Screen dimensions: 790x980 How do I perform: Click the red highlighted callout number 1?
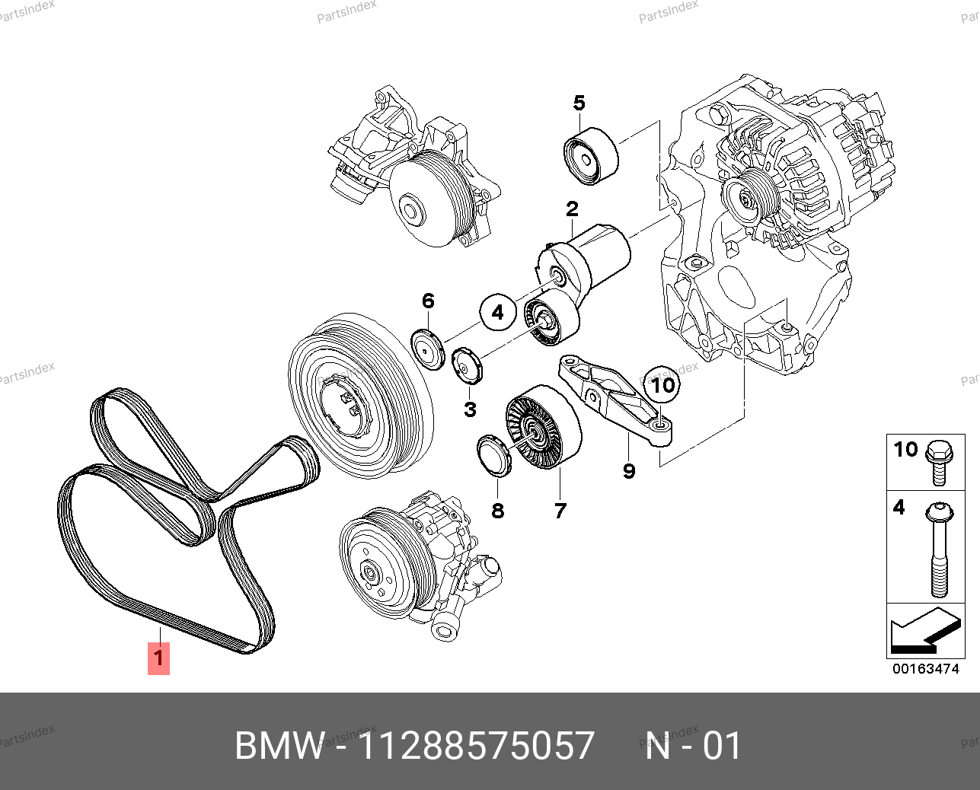click(158, 658)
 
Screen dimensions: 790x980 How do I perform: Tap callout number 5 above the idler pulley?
click(579, 103)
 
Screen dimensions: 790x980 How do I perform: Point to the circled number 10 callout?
click(663, 384)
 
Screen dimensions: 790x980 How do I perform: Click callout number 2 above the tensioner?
click(572, 208)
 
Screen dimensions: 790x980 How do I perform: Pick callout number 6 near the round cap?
click(428, 301)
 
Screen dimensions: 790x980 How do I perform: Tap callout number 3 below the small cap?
click(470, 409)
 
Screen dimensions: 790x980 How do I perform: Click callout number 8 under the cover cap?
click(497, 511)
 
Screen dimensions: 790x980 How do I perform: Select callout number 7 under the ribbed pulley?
click(560, 511)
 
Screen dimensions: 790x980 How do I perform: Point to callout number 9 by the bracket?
click(629, 471)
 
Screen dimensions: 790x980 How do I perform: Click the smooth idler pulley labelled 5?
click(591, 157)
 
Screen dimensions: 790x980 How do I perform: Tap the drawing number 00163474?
click(925, 670)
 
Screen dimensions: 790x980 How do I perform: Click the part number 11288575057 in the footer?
click(476, 746)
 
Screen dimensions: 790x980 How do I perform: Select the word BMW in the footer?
click(279, 746)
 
